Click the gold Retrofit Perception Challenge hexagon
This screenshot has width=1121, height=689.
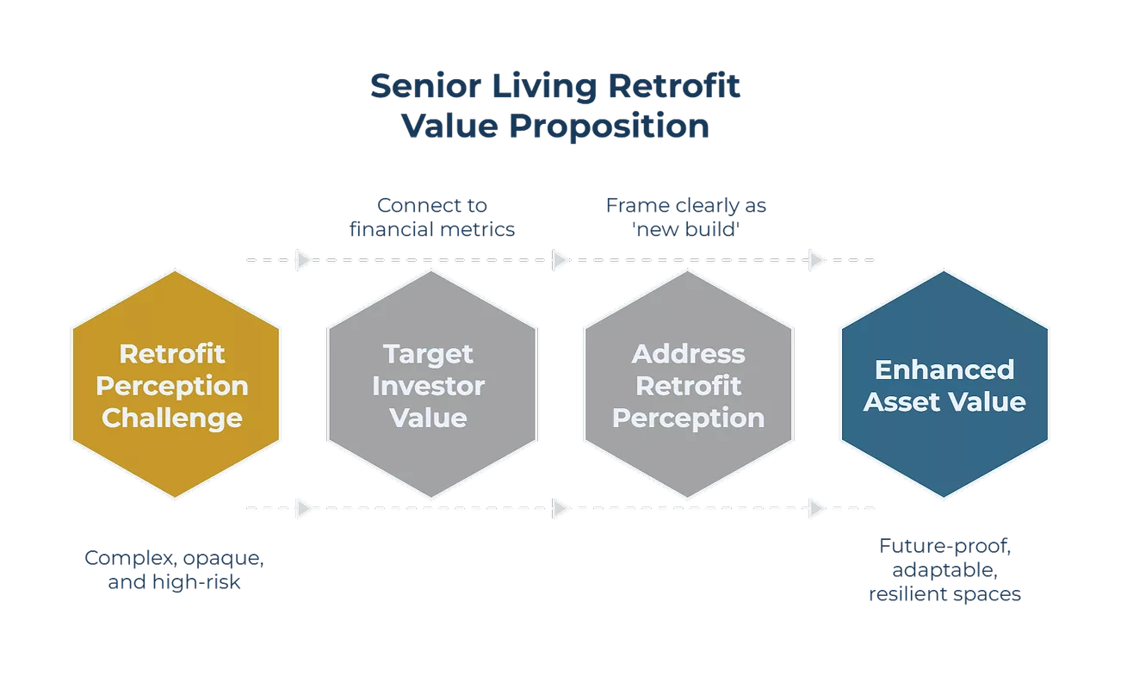pos(175,383)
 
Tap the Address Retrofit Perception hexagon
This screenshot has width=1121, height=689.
pos(687,383)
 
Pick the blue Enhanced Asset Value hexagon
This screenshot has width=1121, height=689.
pos(944,383)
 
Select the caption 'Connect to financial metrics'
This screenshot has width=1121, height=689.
pos(432,218)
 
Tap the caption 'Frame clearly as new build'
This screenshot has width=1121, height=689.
pos(686,218)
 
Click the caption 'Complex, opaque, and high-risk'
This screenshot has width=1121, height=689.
pos(176,569)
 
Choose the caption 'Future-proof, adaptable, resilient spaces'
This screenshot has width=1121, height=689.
pos(944,569)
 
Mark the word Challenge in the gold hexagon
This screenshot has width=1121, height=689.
pos(172,418)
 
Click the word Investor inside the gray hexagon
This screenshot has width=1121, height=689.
pos(429,386)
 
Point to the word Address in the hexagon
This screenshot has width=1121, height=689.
pos(688,353)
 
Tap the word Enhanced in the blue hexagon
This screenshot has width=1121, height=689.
pos(944,369)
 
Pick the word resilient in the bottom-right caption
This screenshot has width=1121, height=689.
pos(907,593)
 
